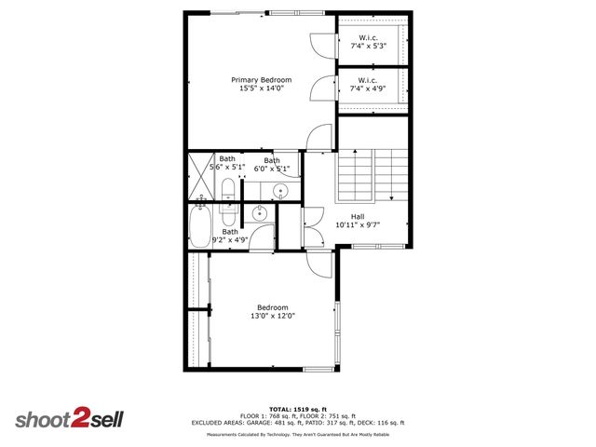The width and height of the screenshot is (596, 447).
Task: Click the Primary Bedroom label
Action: tap(262, 80)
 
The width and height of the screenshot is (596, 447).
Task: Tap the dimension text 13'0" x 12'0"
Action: tap(273, 316)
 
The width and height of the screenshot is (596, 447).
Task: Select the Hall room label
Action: tap(358, 216)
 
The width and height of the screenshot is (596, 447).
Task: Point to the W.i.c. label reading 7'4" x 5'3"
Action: tap(368, 41)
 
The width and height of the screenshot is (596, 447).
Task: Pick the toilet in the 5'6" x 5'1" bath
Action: tap(228, 191)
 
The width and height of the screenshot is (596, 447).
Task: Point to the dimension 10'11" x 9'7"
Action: tap(358, 224)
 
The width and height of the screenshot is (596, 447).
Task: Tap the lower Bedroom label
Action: tap(273, 307)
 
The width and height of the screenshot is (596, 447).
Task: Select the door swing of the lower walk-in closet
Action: tap(320, 88)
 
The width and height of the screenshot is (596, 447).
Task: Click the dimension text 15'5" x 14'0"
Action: tap(262, 88)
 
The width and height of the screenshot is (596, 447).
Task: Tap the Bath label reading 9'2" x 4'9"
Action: tap(229, 236)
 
